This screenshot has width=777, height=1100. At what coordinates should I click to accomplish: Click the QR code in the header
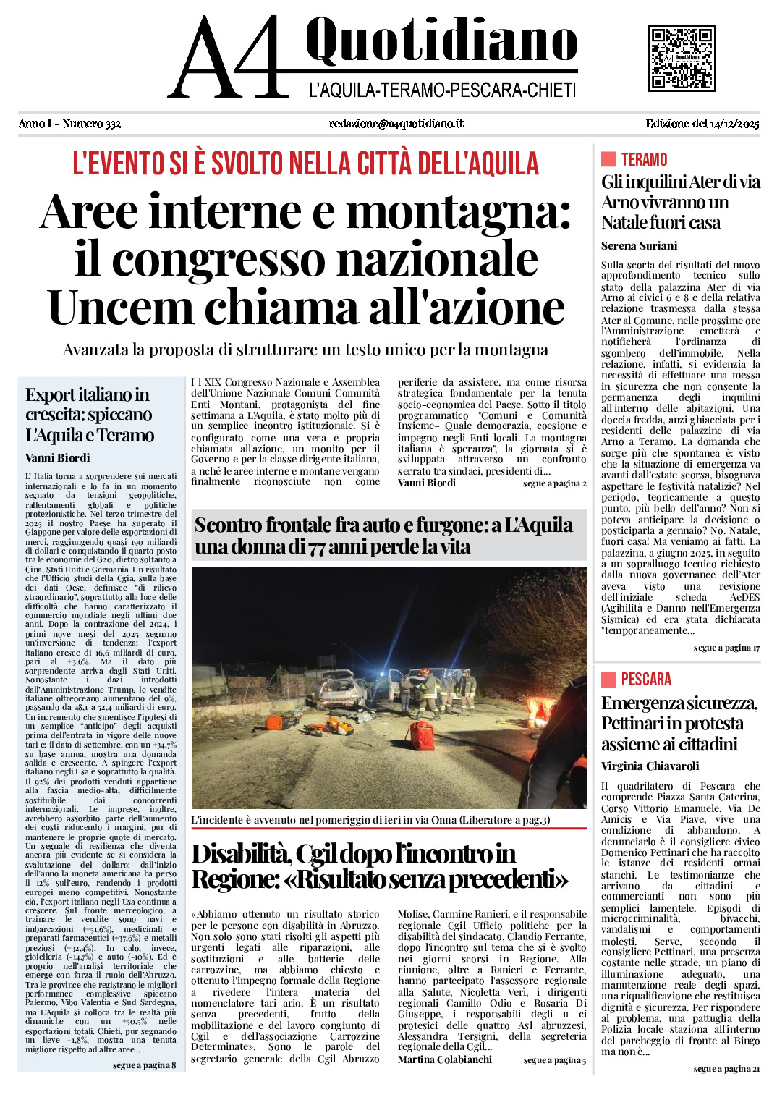point(682,58)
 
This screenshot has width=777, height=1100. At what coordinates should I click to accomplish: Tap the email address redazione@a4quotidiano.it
point(396,124)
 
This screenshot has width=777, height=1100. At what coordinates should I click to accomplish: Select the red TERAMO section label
point(644,160)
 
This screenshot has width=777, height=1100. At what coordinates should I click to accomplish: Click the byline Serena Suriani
point(639,246)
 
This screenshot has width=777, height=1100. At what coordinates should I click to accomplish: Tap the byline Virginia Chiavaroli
point(650,766)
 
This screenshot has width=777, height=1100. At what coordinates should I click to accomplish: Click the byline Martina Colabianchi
point(444,1059)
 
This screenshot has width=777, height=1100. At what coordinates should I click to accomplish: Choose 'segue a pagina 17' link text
point(726,648)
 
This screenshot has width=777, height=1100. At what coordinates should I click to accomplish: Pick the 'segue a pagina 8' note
point(144,1065)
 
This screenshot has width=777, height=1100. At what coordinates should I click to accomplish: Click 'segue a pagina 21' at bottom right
point(726,1069)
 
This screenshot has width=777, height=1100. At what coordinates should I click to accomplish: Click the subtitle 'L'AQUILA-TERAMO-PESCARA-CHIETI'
point(442,90)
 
